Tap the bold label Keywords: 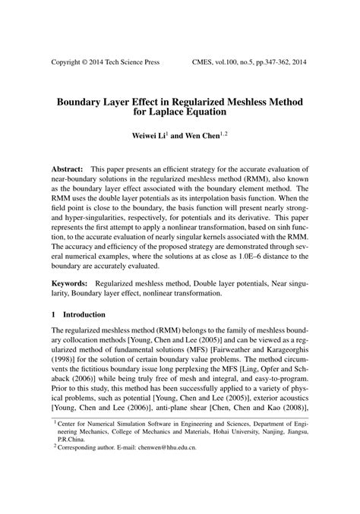71,282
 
